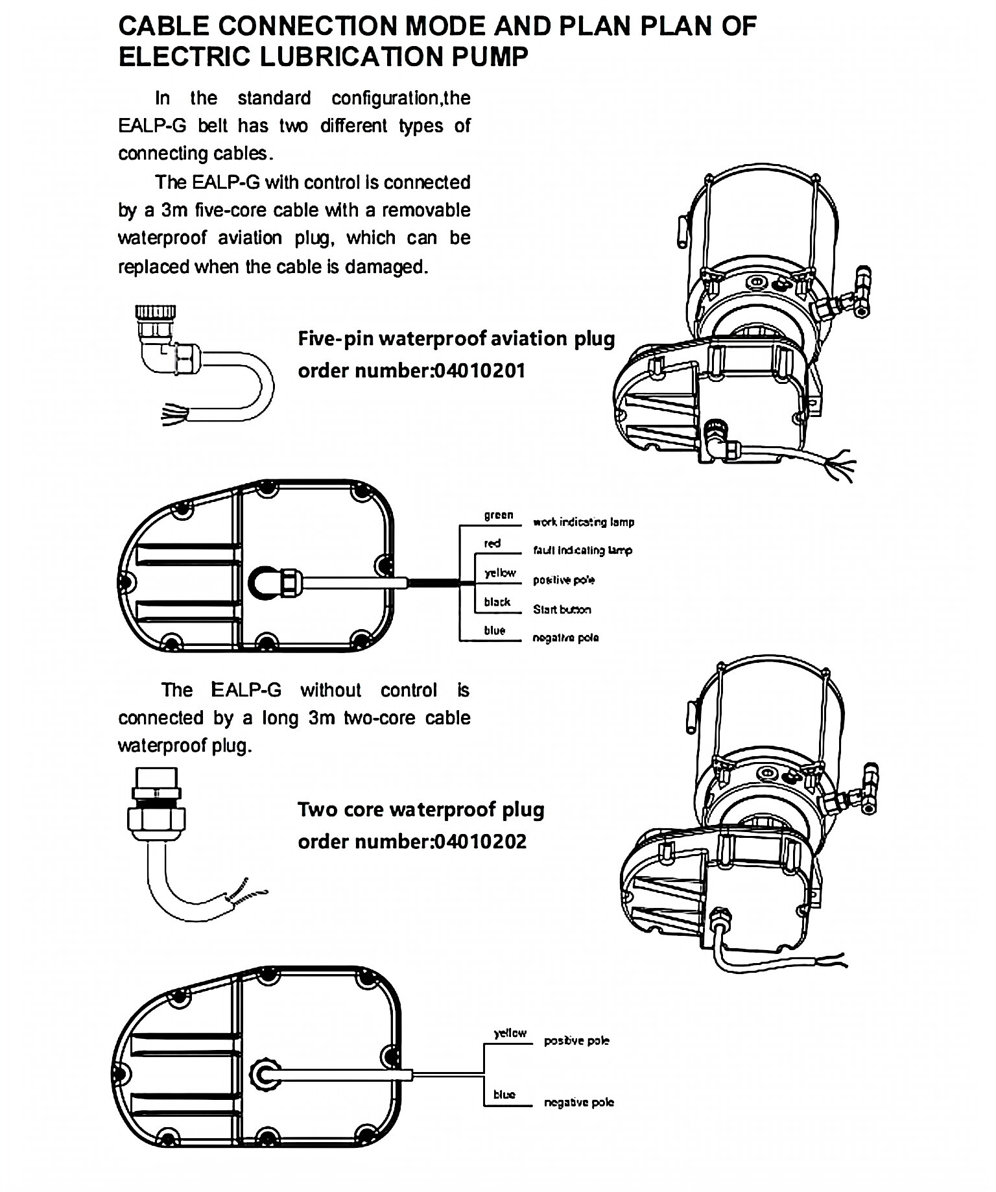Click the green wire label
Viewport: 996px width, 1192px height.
498,515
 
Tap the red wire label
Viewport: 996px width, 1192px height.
492,543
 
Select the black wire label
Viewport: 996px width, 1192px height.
497,602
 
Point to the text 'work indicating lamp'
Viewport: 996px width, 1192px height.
583,522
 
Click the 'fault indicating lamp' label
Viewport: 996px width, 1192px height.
582,551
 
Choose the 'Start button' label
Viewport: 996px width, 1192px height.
562,610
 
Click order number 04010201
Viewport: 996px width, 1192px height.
479,371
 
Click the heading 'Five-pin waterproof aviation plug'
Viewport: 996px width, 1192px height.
456,339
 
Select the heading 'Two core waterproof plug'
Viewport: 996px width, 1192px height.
421,809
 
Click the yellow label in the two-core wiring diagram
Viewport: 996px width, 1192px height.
510,1033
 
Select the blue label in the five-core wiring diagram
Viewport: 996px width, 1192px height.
494,630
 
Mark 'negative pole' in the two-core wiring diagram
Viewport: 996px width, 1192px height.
578,1103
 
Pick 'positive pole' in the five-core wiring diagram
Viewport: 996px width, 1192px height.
563,580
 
